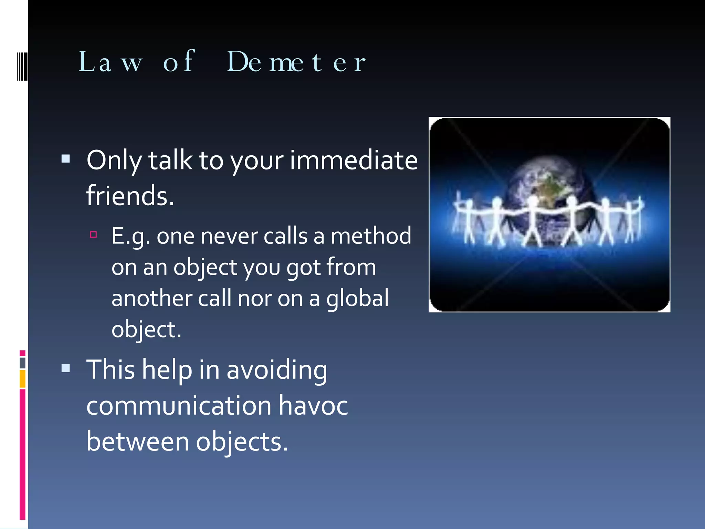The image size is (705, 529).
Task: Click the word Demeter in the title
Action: (x=296, y=62)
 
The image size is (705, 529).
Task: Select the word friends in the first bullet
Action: (x=130, y=196)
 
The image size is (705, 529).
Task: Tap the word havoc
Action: (x=313, y=405)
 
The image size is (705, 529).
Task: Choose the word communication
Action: (x=179, y=405)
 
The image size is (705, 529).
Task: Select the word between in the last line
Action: (x=138, y=442)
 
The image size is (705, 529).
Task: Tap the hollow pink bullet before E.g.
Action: (x=93, y=235)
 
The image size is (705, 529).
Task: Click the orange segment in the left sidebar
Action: (x=23, y=378)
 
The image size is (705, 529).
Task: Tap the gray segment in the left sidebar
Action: (x=23, y=363)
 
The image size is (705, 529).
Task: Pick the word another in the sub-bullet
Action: (x=151, y=298)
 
